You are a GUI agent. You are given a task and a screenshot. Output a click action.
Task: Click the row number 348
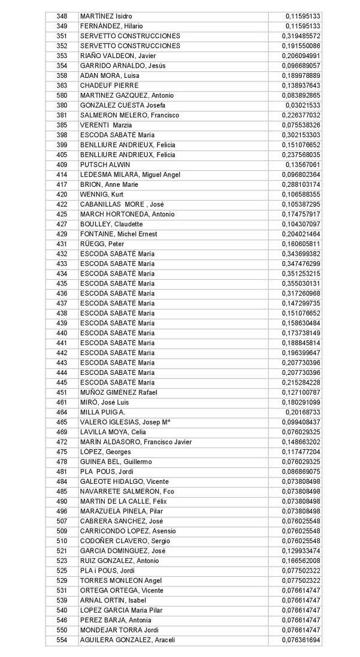pos(62,16)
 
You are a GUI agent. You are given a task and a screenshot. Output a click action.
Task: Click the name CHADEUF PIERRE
pos(109,86)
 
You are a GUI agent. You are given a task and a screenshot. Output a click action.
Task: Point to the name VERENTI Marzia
pos(106,125)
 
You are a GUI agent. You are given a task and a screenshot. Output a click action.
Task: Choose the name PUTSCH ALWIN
pos(105,165)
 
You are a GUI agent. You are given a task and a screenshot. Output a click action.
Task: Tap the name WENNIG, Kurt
pos(102,195)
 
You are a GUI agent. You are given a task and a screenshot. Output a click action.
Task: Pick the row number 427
pos(62,224)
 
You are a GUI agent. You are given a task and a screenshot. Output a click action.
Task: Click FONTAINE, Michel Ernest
pos(119,234)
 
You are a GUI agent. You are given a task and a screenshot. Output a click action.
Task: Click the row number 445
pos(62,383)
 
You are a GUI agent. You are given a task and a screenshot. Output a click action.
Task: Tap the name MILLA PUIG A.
pos(102,412)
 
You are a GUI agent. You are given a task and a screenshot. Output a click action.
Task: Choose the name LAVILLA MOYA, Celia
pos(113,432)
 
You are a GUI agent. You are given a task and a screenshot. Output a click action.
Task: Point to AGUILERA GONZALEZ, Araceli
pos(128,640)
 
